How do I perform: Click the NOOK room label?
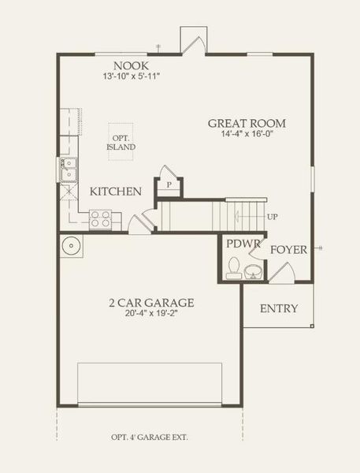(x=131, y=65)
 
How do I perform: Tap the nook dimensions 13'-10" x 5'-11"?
(x=131, y=77)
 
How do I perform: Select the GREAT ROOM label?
(x=247, y=124)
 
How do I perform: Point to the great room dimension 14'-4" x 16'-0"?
(x=247, y=135)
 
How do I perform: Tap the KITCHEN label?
(x=115, y=192)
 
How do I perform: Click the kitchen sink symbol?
(x=69, y=168)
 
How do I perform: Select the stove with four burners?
(x=100, y=218)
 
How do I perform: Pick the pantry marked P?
(x=169, y=184)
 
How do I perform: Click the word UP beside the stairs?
(x=273, y=217)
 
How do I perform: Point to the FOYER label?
(x=288, y=250)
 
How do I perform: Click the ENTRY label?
(x=279, y=308)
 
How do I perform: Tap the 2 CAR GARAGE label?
(x=151, y=303)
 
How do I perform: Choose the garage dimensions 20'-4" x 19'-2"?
(x=151, y=315)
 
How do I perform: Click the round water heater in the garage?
(x=69, y=244)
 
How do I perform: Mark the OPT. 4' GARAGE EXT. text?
(x=150, y=437)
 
